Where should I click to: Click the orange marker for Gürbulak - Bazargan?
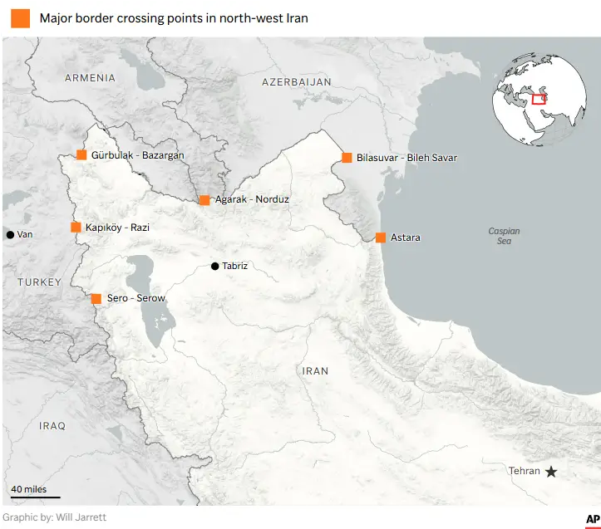[x=81, y=154]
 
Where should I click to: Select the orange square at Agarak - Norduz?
[x=204, y=200]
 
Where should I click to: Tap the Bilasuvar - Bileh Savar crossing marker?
[x=347, y=158]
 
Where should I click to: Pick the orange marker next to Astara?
[x=381, y=238]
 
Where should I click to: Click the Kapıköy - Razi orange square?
[x=76, y=227]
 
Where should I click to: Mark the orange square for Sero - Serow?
[x=96, y=298]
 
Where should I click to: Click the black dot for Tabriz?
[x=215, y=267]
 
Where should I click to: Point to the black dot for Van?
[x=10, y=235]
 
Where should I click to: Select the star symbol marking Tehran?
[x=550, y=472]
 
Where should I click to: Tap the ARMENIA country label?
[x=90, y=78]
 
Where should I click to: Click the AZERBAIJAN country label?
[x=296, y=82]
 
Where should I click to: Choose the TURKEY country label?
[x=39, y=282]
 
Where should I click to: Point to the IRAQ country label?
[x=52, y=426]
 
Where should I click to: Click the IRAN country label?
[x=315, y=371]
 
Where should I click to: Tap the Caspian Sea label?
[x=504, y=236]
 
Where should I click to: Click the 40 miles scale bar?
[x=35, y=497]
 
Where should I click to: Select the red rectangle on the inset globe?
[x=539, y=99]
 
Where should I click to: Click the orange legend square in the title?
[x=20, y=18]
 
